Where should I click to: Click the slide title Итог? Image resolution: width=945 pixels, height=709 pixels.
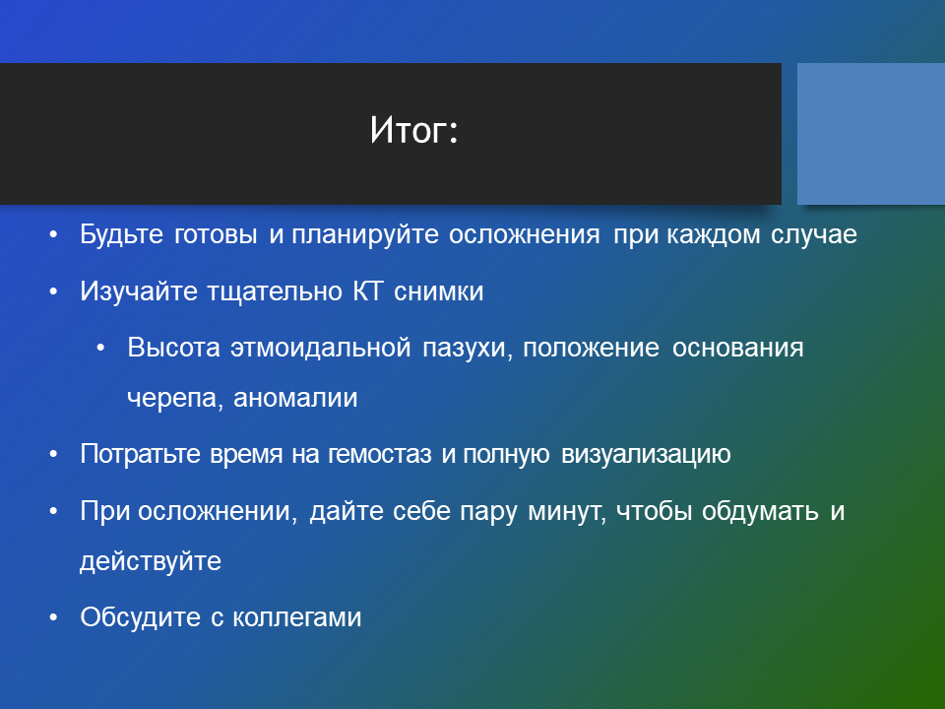(414, 130)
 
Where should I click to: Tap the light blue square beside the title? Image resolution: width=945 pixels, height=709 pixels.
(871, 134)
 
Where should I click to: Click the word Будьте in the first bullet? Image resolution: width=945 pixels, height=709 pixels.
(121, 234)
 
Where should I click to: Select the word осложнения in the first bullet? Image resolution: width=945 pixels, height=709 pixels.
(525, 234)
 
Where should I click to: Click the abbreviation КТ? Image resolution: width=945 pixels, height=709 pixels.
(367, 291)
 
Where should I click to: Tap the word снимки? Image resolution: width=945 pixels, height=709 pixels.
(439, 291)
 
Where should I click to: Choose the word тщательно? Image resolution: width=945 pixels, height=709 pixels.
(275, 292)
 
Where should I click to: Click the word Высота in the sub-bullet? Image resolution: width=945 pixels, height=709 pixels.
(173, 348)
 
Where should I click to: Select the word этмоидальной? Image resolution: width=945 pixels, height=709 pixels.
(321, 348)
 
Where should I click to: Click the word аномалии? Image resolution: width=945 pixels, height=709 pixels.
(295, 398)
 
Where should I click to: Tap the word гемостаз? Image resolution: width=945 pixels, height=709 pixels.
(380, 454)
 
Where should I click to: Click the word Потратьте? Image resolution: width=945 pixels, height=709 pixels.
(140, 453)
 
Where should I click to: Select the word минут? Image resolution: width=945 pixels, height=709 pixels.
(567, 511)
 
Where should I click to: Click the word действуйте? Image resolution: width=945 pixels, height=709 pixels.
(151, 561)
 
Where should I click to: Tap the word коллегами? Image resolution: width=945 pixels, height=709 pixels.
(297, 617)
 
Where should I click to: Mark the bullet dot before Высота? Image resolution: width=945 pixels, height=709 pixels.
(100, 349)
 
